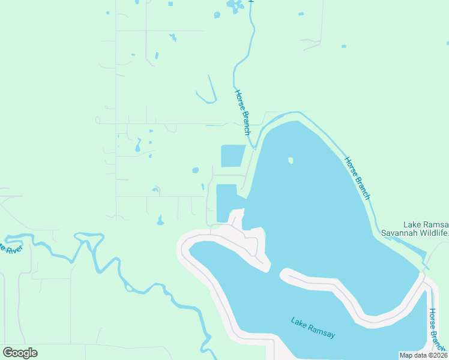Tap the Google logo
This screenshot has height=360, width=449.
[20, 353]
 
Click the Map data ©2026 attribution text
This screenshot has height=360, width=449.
[423, 355]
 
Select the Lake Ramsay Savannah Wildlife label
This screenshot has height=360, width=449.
[415, 228]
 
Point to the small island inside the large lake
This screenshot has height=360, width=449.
[291, 160]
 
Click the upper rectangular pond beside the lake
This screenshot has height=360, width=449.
[233, 155]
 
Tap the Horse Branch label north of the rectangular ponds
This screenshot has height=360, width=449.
[243, 112]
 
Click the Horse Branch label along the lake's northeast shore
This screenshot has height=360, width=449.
[358, 178]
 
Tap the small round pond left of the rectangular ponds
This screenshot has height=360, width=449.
[195, 170]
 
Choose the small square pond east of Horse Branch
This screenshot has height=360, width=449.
[343, 46]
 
